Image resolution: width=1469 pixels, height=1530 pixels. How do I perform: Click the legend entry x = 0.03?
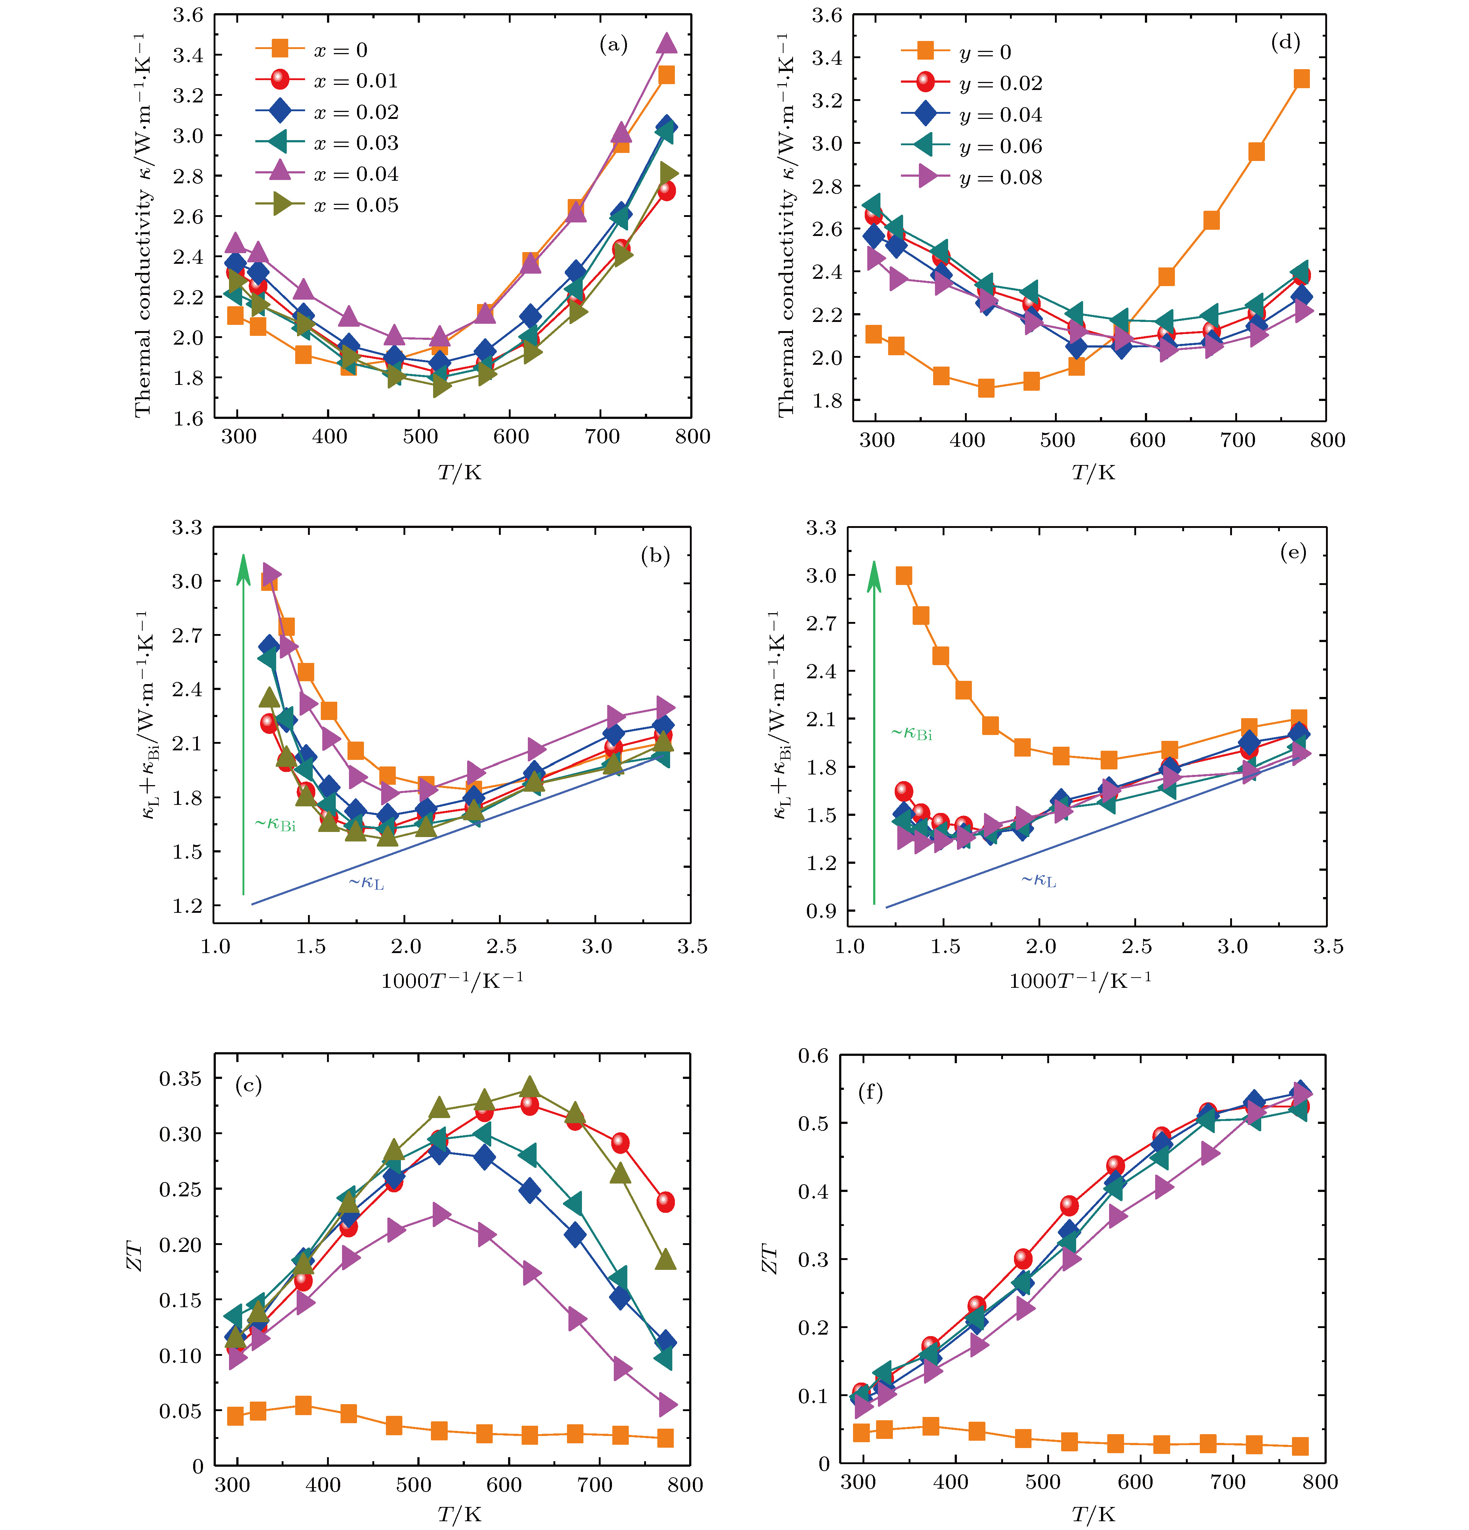pos(355,143)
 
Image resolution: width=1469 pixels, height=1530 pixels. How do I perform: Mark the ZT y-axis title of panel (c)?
pos(135,1257)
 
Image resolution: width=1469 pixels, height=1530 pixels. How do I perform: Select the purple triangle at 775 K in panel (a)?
pos(666,44)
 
